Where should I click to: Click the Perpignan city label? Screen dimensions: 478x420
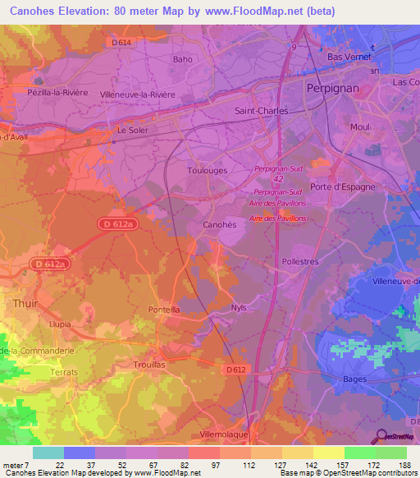click(332, 87)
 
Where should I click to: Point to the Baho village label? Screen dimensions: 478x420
click(183, 59)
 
